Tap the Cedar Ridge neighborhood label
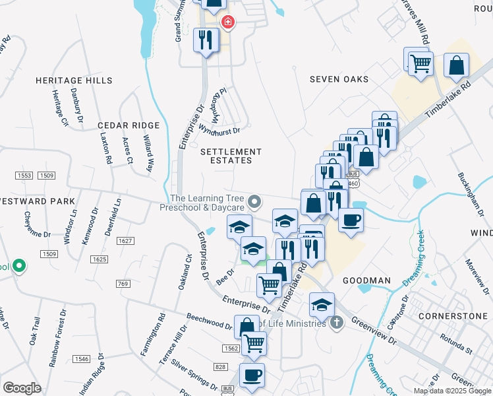tap(129, 125)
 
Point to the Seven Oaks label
tap(339, 79)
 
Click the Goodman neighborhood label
tap(367, 280)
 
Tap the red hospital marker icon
tap(228, 22)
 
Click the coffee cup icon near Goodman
tap(351, 220)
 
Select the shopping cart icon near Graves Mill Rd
tap(420, 64)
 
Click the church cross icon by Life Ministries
tap(337, 323)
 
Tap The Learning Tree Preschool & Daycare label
tap(203, 203)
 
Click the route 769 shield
tap(122, 284)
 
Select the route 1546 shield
tap(81, 358)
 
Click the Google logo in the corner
tap(22, 388)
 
